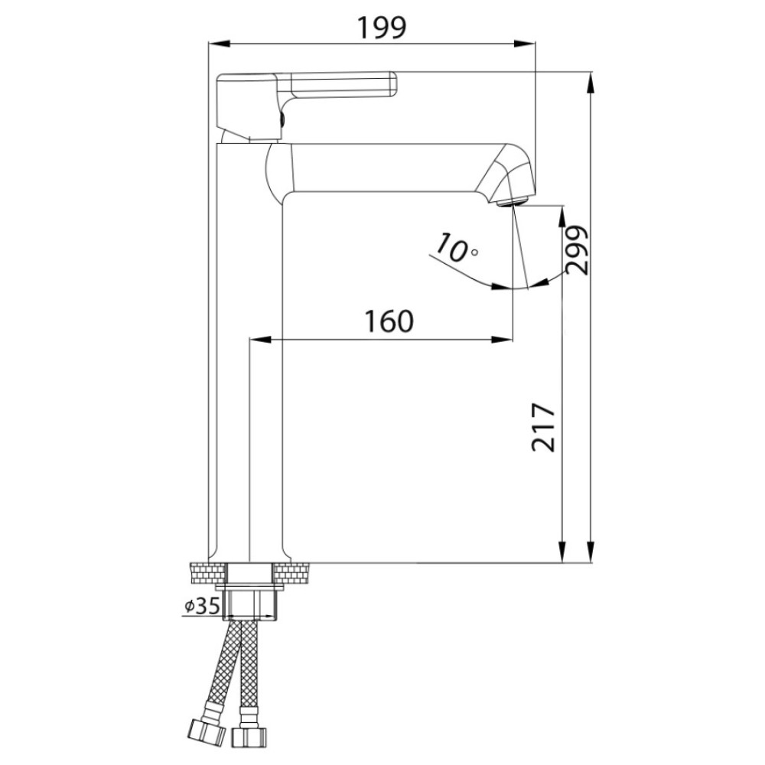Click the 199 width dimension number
click(382, 28)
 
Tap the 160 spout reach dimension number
click(389, 321)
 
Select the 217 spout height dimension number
click(543, 428)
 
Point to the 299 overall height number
click(577, 249)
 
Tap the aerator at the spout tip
click(513, 201)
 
